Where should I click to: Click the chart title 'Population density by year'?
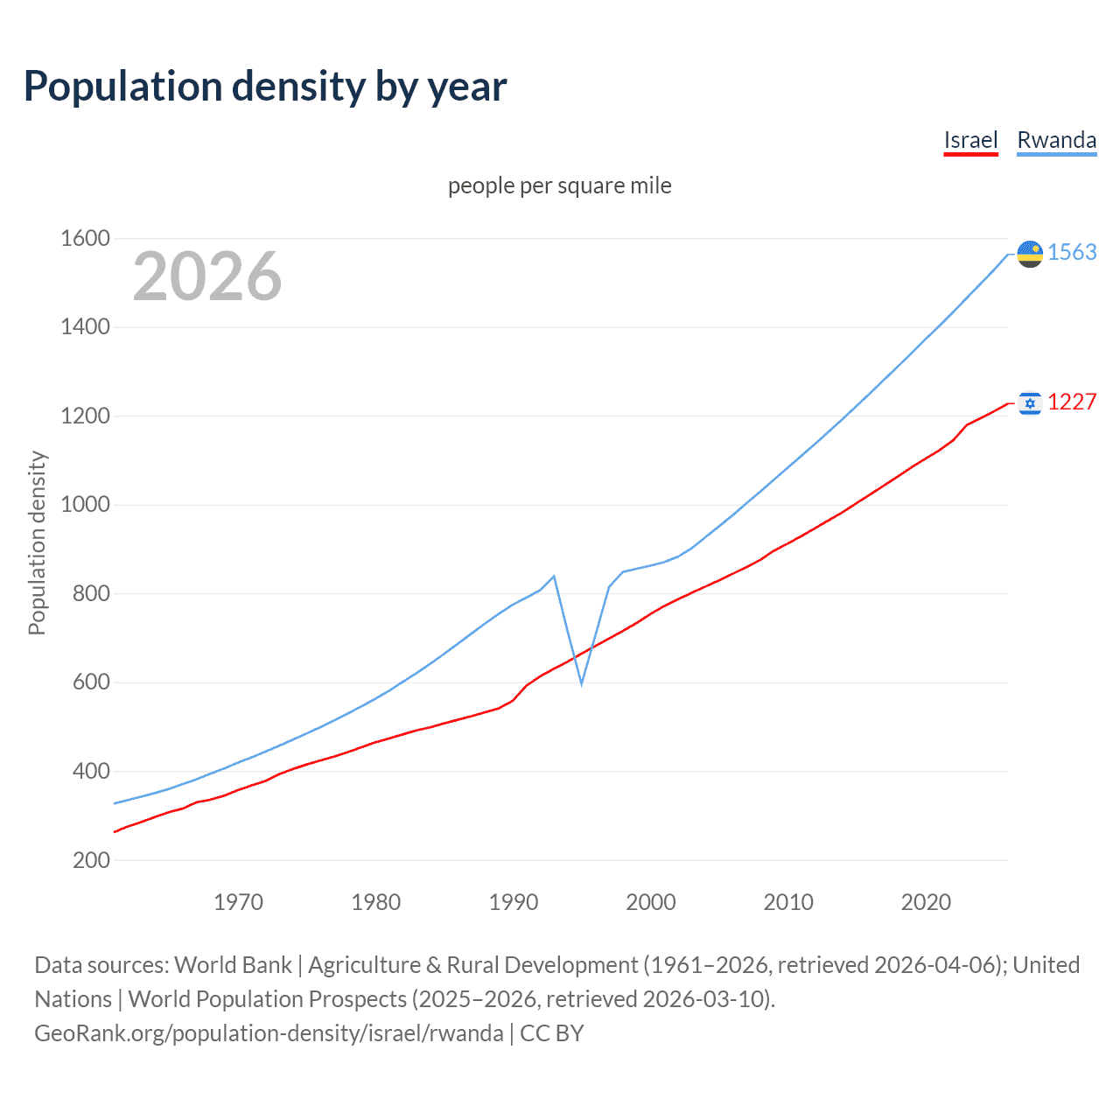[x=265, y=87]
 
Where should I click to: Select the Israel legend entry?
[x=970, y=140]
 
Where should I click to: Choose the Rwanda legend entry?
[x=1056, y=140]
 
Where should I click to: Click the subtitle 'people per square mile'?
[x=559, y=186]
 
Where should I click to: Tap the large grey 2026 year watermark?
[x=207, y=276]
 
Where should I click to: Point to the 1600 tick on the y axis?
[x=85, y=238]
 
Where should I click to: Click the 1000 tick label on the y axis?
[x=85, y=505]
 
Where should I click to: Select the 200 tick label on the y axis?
[x=91, y=860]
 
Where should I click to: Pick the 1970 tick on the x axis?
[x=238, y=902]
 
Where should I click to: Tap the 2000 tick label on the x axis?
[x=651, y=902]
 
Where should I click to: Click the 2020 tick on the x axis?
[x=926, y=902]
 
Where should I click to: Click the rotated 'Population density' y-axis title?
[x=37, y=542]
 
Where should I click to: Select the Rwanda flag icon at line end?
[x=1030, y=254]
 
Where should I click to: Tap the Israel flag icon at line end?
[x=1030, y=402]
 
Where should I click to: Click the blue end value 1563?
[x=1072, y=253]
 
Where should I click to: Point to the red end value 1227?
[x=1072, y=402]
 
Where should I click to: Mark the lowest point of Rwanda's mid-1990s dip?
[x=581, y=683]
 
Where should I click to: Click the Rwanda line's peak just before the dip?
[x=554, y=576]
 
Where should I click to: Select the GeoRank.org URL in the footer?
[x=269, y=1033]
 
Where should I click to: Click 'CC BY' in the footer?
[x=552, y=1033]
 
